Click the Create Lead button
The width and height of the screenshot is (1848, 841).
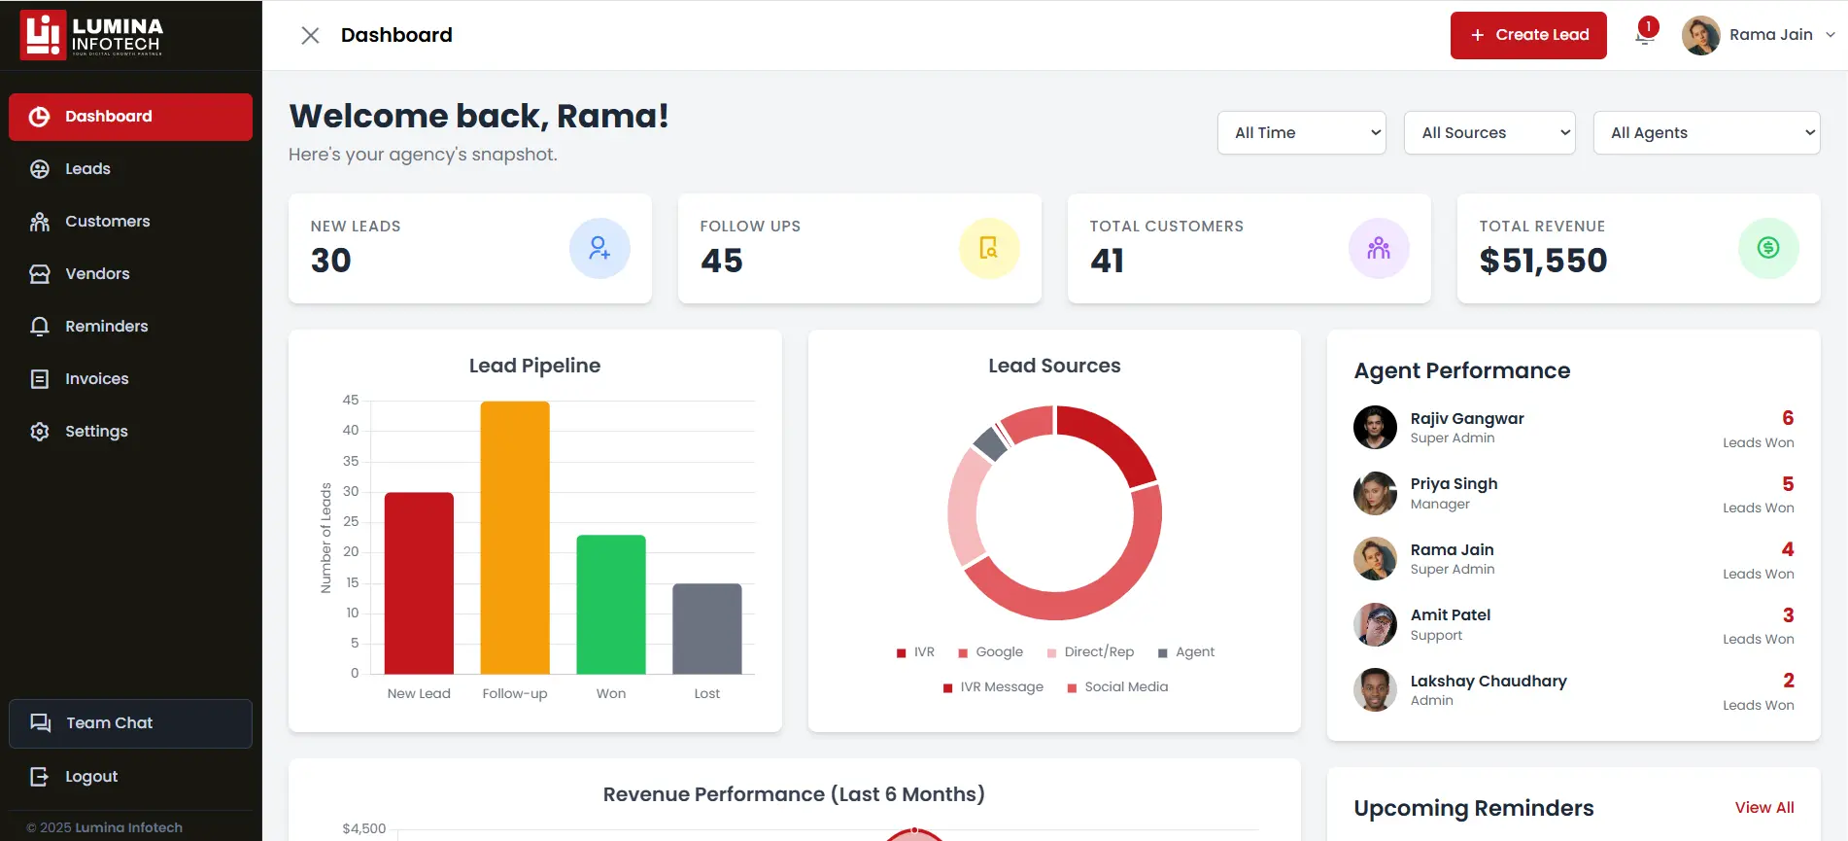tap(1527, 35)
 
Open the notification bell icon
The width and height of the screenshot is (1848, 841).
tap(1645, 34)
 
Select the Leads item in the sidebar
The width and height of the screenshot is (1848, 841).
tap(87, 169)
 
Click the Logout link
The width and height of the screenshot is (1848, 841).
tap(90, 777)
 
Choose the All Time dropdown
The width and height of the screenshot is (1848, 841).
tap(1301, 133)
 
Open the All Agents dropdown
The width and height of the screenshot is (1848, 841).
tap(1705, 133)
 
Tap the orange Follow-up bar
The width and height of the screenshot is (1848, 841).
tap(515, 537)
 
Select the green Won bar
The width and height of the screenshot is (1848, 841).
tap(610, 604)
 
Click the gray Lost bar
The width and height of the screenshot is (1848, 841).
tap(706, 628)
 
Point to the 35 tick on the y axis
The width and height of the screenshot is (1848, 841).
tap(351, 461)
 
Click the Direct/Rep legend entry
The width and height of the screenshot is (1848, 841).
tap(1098, 652)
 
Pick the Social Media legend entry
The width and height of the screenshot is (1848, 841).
tap(1125, 687)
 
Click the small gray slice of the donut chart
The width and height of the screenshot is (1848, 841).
tap(990, 443)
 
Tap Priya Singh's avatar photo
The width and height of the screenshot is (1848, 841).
tap(1375, 493)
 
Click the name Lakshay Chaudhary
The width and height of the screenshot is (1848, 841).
tap(1488, 681)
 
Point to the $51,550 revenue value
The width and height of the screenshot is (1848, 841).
tap(1543, 261)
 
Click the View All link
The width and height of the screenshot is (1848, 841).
tap(1763, 808)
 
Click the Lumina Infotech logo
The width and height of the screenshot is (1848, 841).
tap(92, 35)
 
